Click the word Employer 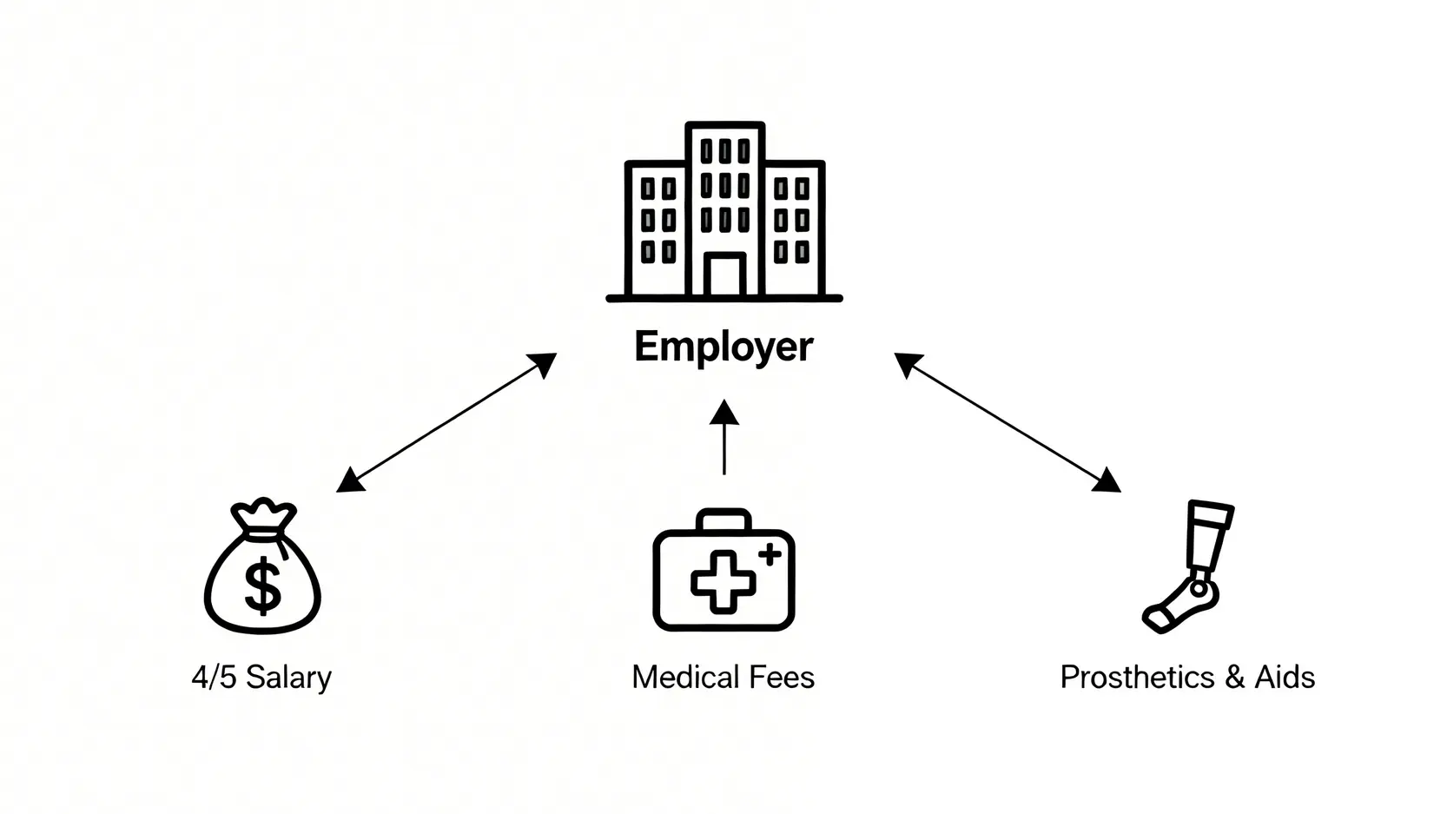click(x=723, y=347)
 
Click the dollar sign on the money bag click(x=262, y=586)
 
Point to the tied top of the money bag click(x=262, y=513)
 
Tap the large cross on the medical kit click(x=723, y=580)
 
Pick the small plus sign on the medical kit click(x=770, y=553)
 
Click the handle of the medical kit click(x=723, y=519)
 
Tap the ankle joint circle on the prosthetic click(x=1199, y=590)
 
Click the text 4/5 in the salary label click(x=214, y=678)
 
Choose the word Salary click(x=288, y=678)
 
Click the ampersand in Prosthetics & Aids click(x=1235, y=678)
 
